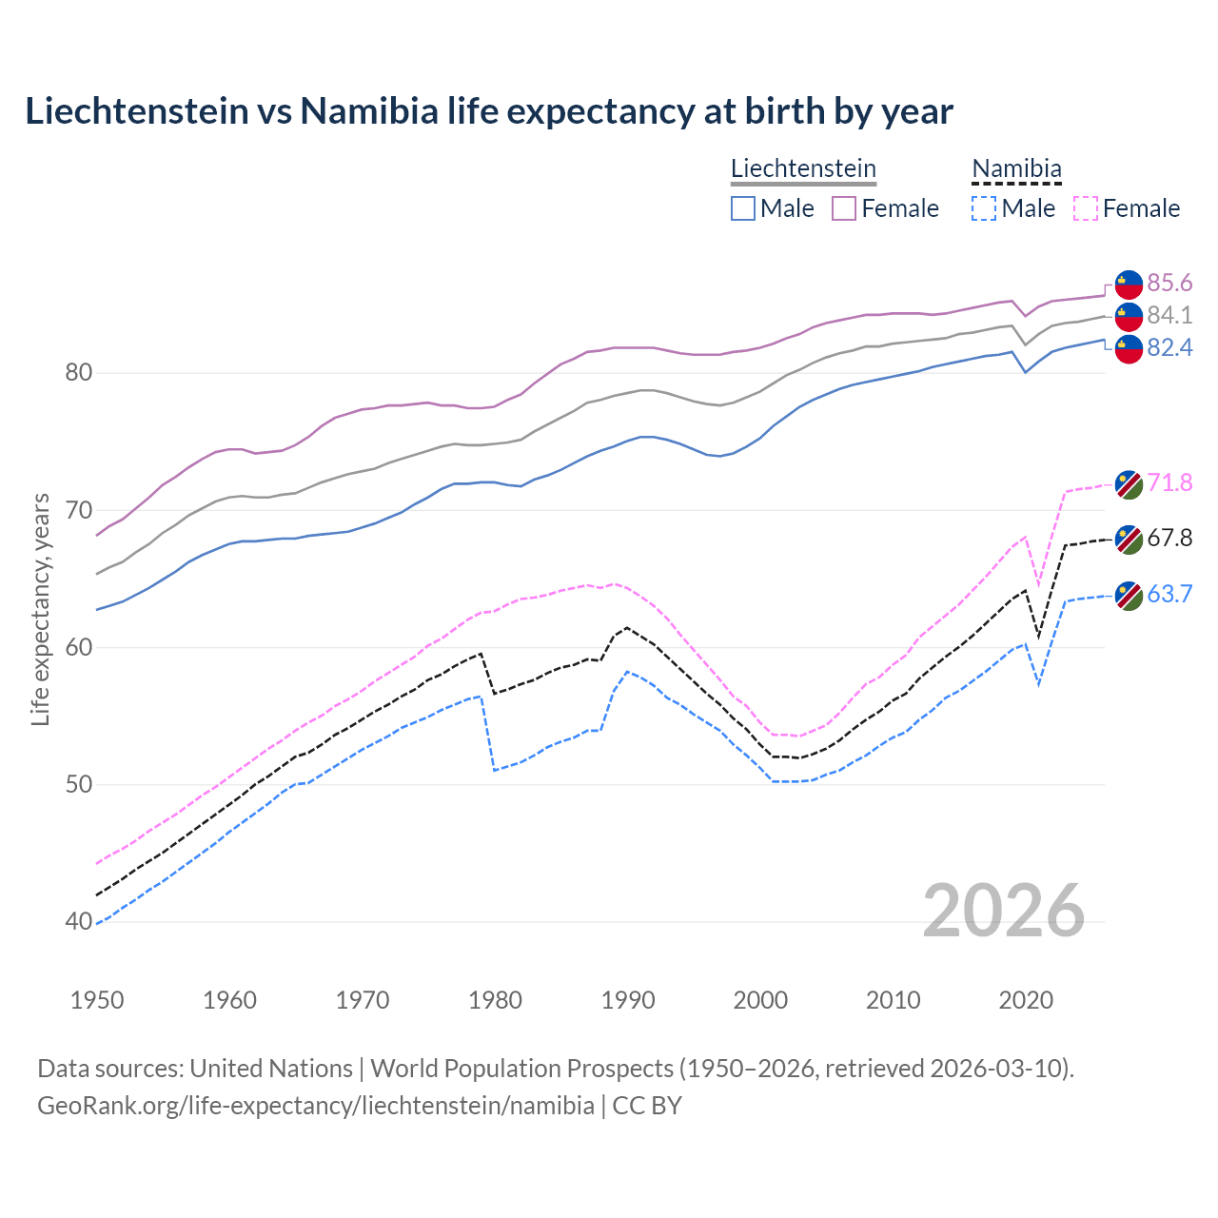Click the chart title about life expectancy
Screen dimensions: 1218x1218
tap(488, 111)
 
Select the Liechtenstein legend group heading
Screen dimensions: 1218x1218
tap(803, 168)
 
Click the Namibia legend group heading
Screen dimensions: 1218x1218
tap(1015, 168)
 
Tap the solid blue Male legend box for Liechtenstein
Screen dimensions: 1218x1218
tap(743, 208)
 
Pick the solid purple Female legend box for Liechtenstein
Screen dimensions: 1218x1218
tap(844, 208)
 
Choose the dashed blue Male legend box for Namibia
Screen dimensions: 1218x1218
tap(984, 208)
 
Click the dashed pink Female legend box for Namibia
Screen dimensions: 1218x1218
tap(1085, 208)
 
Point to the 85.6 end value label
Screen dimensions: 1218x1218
tap(1169, 283)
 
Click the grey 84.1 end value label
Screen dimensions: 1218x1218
tap(1169, 315)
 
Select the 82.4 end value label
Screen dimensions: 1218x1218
tap(1169, 347)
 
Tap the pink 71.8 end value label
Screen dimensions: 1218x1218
tap(1169, 482)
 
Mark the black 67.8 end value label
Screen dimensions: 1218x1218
tap(1169, 538)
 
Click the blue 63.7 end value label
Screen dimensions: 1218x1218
tap(1169, 594)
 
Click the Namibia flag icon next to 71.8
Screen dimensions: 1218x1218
tap(1129, 483)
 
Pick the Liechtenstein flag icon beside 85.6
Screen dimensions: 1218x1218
tap(1129, 284)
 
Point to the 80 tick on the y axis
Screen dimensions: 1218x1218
tap(79, 372)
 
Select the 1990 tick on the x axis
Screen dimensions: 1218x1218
tap(628, 1000)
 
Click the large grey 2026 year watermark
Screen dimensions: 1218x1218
tap(1003, 911)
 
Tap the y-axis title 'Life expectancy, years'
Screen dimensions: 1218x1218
tap(40, 609)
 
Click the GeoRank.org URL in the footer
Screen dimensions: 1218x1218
tap(316, 1106)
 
